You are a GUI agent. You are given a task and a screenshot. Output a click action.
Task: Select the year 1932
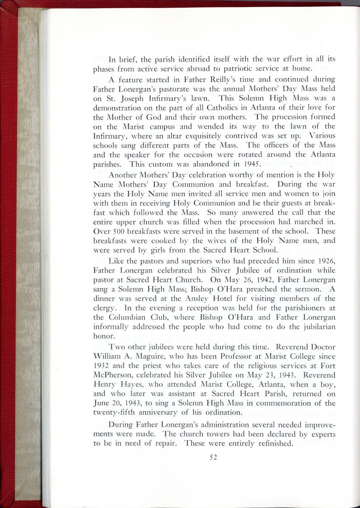click(x=101, y=366)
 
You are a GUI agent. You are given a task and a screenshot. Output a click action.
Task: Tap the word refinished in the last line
click(x=272, y=443)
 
